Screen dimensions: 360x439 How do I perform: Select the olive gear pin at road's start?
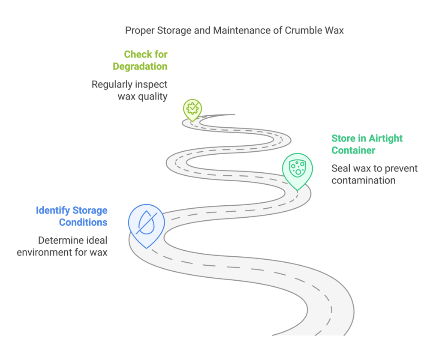(x=192, y=108)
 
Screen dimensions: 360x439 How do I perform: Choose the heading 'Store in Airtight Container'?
(x=367, y=144)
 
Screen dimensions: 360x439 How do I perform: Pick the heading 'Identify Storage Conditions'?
(x=72, y=216)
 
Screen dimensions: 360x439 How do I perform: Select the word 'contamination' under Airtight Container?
(x=364, y=180)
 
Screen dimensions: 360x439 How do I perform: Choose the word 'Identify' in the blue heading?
(x=53, y=210)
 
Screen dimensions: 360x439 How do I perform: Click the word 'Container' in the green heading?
(x=353, y=150)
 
